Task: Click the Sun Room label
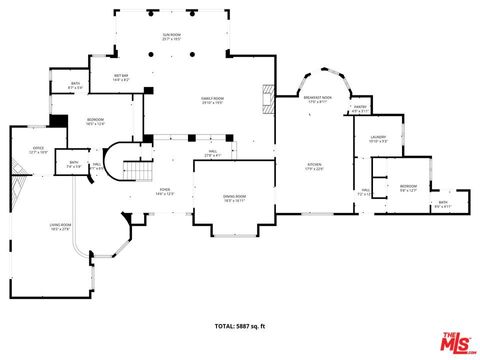click(172, 36)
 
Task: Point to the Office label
click(38, 150)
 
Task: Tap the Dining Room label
click(233, 197)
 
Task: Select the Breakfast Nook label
click(318, 98)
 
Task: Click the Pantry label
click(360, 108)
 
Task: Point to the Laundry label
click(377, 139)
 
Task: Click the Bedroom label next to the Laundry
click(408, 187)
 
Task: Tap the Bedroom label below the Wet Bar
click(96, 122)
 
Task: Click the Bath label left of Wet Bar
click(74, 85)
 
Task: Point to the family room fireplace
click(267, 97)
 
